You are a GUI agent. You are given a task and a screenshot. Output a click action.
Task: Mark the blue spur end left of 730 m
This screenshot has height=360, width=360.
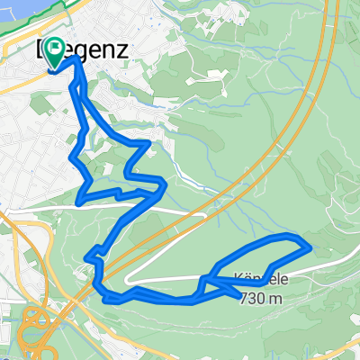(239, 292)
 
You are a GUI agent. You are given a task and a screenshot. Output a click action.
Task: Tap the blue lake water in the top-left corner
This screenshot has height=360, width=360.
(7, 11)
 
